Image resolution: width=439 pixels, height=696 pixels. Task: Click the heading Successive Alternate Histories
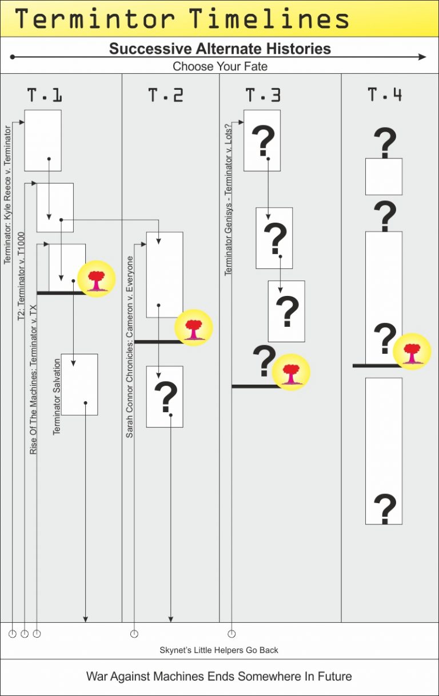(x=219, y=48)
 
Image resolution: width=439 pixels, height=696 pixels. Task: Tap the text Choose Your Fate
(x=219, y=66)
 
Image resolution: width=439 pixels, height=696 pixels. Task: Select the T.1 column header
(x=44, y=95)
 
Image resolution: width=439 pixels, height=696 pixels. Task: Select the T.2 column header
(x=166, y=95)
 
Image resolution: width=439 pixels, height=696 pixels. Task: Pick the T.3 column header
(x=263, y=95)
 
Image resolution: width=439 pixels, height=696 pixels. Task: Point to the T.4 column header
(x=385, y=95)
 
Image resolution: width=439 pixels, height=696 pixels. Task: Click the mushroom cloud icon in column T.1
(x=96, y=280)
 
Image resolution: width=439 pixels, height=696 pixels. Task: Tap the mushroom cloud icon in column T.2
(x=194, y=328)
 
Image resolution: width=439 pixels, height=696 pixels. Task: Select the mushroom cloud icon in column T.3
(x=291, y=372)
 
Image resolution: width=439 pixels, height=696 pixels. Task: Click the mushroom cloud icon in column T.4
(x=412, y=351)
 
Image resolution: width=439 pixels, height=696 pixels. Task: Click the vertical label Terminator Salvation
(x=57, y=397)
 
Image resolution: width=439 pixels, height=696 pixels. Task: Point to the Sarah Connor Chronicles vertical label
(x=130, y=347)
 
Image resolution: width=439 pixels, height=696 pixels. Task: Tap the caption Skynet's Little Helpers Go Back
(x=219, y=650)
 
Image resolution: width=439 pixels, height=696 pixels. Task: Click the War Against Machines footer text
(x=219, y=676)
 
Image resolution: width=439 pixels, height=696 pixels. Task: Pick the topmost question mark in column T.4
(x=385, y=143)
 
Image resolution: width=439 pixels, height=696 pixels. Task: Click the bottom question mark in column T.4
(x=385, y=508)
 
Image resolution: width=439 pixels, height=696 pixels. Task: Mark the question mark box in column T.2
(x=165, y=397)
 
